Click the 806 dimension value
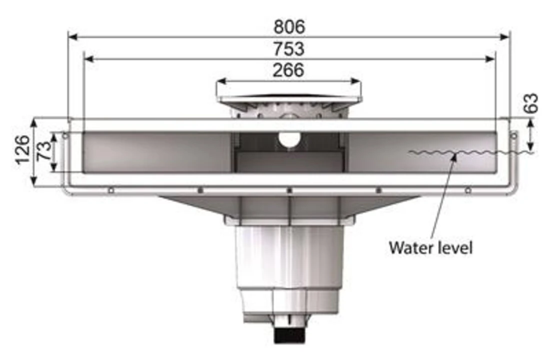(x=289, y=26)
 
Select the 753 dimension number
(x=288, y=49)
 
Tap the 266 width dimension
(x=288, y=70)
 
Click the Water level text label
(x=430, y=247)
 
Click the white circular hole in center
(x=288, y=140)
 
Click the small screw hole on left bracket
(x=65, y=135)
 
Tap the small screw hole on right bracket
(x=512, y=135)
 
